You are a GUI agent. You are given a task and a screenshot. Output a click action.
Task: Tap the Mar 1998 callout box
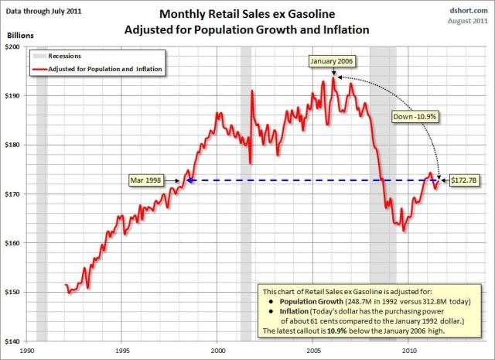152,180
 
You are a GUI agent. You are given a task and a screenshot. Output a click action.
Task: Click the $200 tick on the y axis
15,47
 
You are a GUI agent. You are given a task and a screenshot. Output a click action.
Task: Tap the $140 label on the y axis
15,341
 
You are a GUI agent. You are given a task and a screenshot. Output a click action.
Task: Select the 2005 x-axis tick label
312,350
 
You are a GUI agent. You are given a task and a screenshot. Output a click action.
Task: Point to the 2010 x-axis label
408,350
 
